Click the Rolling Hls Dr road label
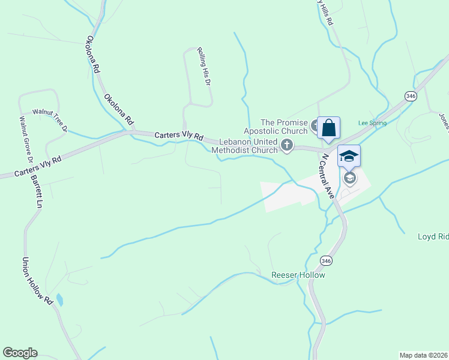(205, 66)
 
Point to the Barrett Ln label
(37, 191)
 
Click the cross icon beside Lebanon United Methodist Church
(288, 145)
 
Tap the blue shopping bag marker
(328, 128)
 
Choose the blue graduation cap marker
(349, 157)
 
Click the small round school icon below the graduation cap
(349, 178)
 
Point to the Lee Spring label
(372, 122)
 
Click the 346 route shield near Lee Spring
(411, 96)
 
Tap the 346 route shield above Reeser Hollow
(326, 261)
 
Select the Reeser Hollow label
(298, 275)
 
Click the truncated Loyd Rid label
(433, 236)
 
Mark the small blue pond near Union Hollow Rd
(59, 299)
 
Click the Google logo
(20, 353)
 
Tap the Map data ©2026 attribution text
(423, 355)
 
